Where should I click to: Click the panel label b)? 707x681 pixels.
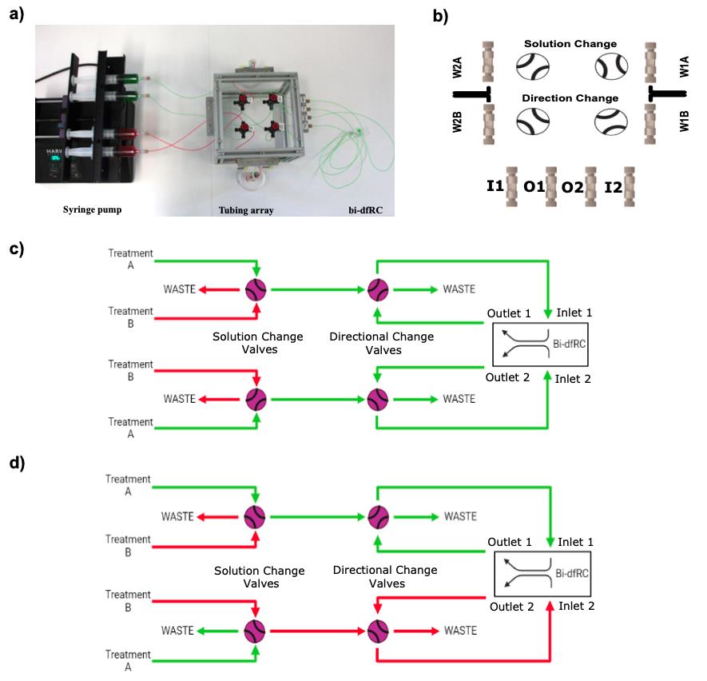440,16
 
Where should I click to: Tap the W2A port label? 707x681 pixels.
457,67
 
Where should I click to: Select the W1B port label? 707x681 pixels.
685,121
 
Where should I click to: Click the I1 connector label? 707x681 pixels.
495,185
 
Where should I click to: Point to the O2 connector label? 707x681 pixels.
572,187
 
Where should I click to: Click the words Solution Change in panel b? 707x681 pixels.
570,44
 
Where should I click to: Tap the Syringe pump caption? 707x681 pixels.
92,209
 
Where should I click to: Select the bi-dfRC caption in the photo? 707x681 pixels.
365,210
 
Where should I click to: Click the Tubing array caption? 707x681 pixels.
246,210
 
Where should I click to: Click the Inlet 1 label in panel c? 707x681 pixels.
574,313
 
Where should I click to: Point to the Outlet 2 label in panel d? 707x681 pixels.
512,607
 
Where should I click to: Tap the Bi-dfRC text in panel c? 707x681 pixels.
569,344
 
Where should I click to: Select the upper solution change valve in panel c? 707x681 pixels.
256,289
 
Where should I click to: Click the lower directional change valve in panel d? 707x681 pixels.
379,631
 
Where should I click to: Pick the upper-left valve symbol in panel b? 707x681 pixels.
533,67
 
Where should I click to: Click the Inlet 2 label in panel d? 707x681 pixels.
576,606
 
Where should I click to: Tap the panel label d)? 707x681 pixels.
17,463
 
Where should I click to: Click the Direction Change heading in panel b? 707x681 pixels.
570,98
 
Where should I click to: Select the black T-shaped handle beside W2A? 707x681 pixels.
471,94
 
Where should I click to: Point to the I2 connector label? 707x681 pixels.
614,187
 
